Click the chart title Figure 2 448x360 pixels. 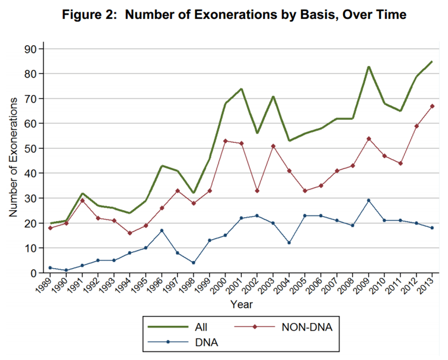(234, 15)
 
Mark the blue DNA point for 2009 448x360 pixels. (368, 200)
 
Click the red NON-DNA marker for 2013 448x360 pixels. (432, 106)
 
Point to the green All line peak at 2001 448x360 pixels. (242, 89)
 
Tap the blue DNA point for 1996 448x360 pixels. (162, 231)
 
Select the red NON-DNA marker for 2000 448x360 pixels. (226, 141)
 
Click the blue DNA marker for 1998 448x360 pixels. (193, 263)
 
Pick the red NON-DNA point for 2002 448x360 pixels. (257, 191)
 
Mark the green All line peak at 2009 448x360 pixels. (368, 67)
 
